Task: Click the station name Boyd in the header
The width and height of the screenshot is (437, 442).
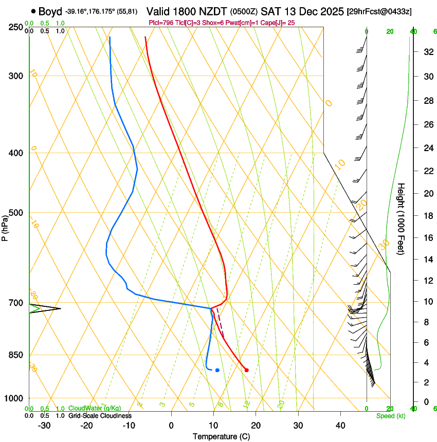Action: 50,11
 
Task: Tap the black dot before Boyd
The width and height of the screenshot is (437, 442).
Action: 33,11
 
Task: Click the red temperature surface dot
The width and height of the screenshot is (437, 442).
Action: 247,370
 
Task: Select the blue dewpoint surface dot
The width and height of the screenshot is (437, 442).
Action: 217,370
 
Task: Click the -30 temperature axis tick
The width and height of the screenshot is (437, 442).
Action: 44,426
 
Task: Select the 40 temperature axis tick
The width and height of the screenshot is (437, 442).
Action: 340,426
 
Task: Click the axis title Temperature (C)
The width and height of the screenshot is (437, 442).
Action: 221,437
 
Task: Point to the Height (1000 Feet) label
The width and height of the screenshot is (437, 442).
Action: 402,219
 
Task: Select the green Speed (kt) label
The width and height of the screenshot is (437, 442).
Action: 391,416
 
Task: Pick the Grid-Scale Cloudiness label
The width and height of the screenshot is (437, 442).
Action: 99,416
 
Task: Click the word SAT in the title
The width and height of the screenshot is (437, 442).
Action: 271,11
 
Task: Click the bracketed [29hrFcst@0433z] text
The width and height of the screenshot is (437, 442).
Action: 379,11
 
